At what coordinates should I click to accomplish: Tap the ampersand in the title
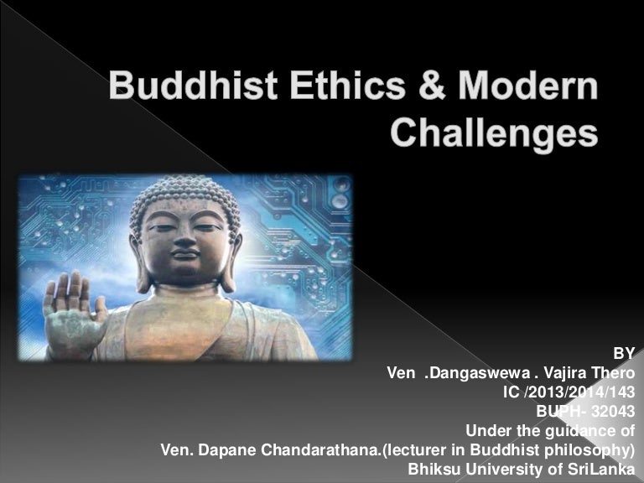point(432,86)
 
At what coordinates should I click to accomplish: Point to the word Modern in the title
point(527,86)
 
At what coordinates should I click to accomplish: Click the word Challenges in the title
point(494,133)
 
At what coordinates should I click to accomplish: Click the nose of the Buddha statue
point(184,238)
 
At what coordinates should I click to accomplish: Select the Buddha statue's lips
point(184,254)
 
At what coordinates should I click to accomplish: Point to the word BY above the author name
point(624,353)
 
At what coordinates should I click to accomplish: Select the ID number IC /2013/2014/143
point(569,392)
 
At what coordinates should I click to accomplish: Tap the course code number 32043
point(613,411)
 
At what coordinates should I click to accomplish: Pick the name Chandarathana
point(320,449)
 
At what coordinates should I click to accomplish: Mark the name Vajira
point(564,373)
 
